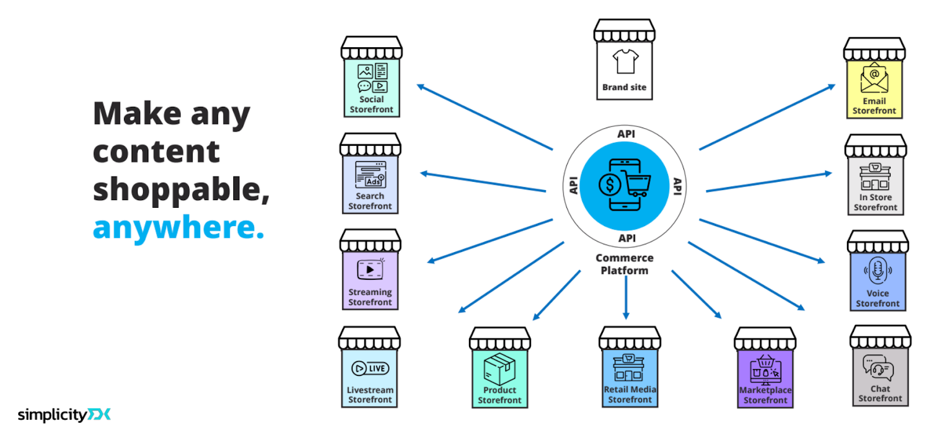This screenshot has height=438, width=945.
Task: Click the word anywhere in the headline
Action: pyautogui.click(x=178, y=228)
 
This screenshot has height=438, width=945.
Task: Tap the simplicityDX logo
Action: pyautogui.click(x=64, y=414)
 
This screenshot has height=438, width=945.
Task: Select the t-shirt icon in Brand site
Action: pyautogui.click(x=625, y=61)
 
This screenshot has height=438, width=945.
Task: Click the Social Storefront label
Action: pyautogui.click(x=371, y=104)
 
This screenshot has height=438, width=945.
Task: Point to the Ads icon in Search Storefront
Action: pyautogui.click(x=370, y=175)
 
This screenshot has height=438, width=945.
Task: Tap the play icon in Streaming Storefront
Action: pyautogui.click(x=370, y=270)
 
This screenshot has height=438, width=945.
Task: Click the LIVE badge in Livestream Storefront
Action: pyautogui.click(x=370, y=368)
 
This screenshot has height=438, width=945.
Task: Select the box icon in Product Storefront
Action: pyautogui.click(x=500, y=369)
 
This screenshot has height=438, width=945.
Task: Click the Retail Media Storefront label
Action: pyautogui.click(x=630, y=394)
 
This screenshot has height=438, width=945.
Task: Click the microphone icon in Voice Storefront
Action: pyautogui.click(x=878, y=270)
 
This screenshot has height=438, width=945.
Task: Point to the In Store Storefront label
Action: pyautogui.click(x=875, y=202)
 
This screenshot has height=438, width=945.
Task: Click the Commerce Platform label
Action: pyautogui.click(x=624, y=264)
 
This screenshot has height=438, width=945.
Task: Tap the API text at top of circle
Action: pyautogui.click(x=626, y=134)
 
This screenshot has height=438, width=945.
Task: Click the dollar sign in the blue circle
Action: pyautogui.click(x=610, y=185)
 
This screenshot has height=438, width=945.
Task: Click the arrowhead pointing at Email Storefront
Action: pyautogui.click(x=832, y=87)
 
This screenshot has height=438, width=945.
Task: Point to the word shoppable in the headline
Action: pyautogui.click(x=181, y=189)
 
